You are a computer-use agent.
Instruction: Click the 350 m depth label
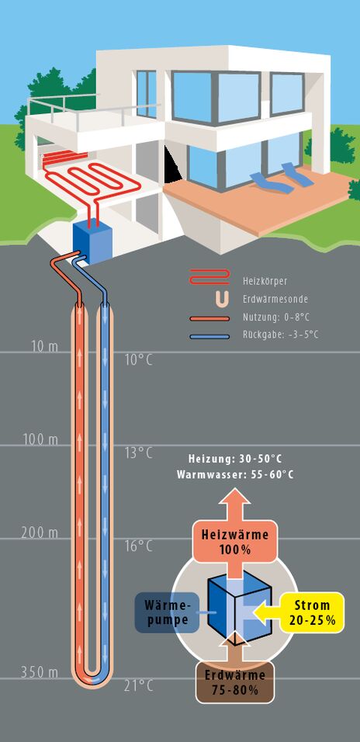(x=40, y=672)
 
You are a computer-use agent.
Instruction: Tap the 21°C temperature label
(x=139, y=686)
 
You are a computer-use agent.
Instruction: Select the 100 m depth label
(x=40, y=439)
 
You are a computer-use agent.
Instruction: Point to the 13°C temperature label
(x=139, y=452)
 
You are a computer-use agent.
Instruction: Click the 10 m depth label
(x=45, y=346)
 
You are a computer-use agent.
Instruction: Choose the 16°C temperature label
(x=139, y=546)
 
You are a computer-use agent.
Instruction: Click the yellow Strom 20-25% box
(x=312, y=612)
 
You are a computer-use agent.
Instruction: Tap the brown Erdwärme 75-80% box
(x=234, y=683)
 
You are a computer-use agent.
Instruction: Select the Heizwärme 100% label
(x=234, y=543)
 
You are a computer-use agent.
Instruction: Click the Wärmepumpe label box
(x=167, y=612)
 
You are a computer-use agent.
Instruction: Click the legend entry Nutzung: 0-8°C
(x=275, y=317)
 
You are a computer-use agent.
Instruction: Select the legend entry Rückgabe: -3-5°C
(x=280, y=335)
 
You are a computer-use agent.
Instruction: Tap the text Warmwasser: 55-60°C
(x=235, y=475)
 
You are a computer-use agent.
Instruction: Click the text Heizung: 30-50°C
(x=236, y=459)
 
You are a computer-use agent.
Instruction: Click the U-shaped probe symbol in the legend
(x=223, y=299)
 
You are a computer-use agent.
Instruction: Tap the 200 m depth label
(x=40, y=533)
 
